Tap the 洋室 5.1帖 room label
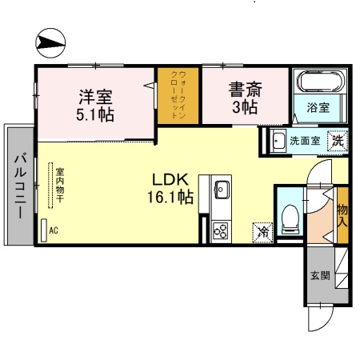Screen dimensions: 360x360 (x=95, y=105)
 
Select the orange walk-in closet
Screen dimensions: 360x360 (x=178, y=95)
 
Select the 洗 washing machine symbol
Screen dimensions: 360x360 (x=338, y=140)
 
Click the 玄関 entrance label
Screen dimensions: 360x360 (x=320, y=276)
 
